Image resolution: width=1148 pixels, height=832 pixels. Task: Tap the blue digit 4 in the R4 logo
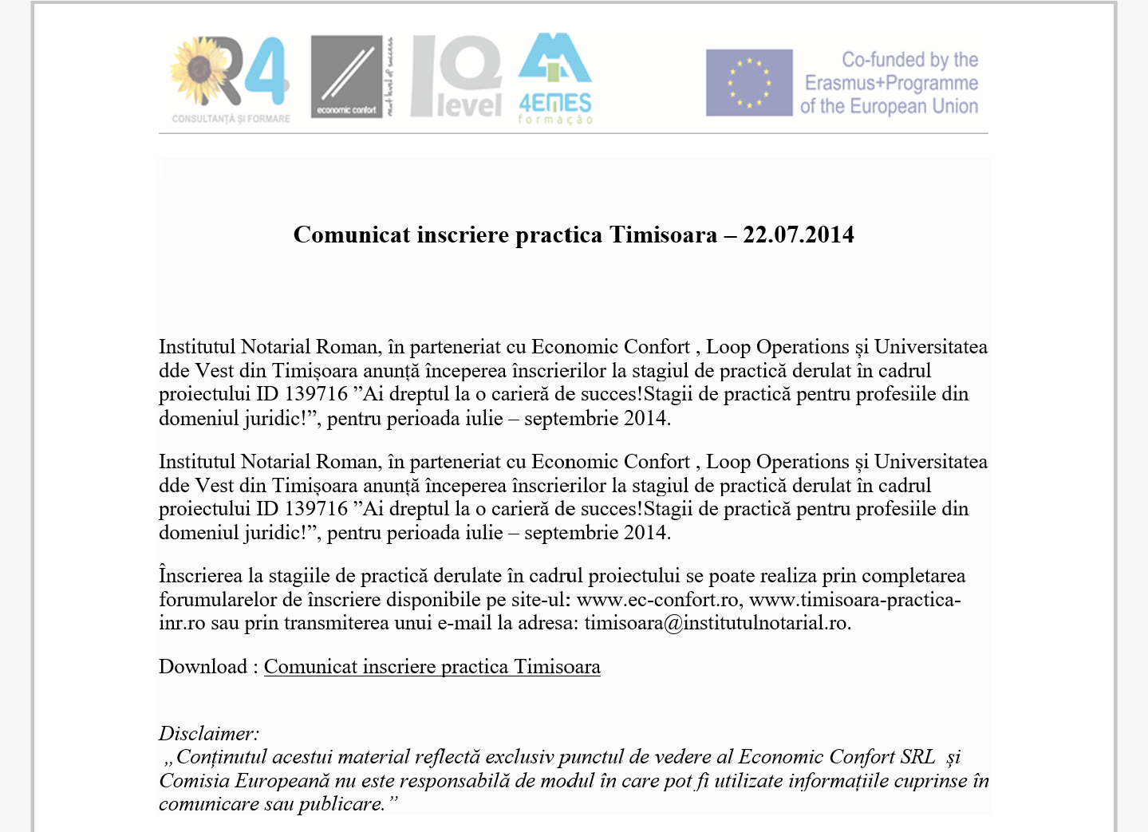[x=266, y=72]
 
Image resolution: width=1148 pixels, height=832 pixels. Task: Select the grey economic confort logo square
[x=346, y=77]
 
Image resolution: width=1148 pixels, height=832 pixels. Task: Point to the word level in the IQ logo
[x=469, y=105]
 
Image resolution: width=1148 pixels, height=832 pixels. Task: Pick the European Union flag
[x=749, y=83]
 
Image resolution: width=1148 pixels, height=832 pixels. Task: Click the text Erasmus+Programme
[x=891, y=83]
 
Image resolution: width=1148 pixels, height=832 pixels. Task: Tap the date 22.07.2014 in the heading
[x=798, y=235]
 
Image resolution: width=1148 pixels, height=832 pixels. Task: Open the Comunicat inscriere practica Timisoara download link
[x=432, y=667]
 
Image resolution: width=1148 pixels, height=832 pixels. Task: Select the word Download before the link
[x=203, y=667]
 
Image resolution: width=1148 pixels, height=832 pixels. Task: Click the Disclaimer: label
[x=209, y=734]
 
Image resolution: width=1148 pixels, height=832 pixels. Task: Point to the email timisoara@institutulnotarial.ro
[x=716, y=623]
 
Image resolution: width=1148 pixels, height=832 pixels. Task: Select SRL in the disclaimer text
[x=917, y=757]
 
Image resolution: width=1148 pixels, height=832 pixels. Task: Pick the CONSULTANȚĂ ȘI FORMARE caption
[x=231, y=119]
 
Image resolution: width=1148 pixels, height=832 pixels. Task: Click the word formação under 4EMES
[x=555, y=120]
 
